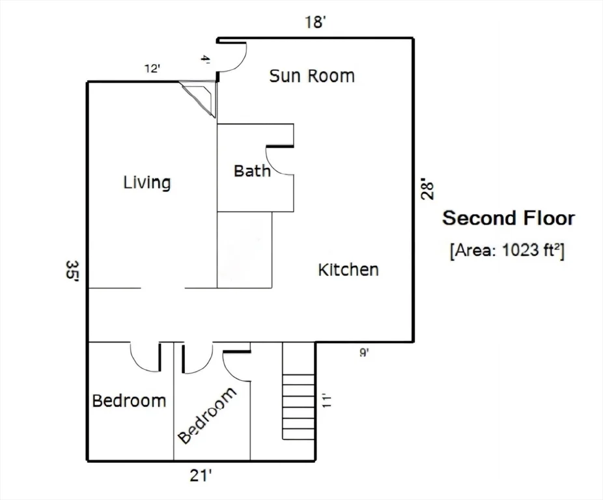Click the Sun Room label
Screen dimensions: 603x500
coord(312,76)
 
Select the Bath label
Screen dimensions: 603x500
coord(252,171)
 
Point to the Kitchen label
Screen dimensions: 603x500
coord(348,270)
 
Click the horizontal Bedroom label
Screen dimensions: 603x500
coord(129,401)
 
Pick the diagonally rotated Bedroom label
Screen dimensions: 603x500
coord(207,415)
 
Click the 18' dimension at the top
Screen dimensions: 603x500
coord(316,22)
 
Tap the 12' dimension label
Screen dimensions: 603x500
coord(152,69)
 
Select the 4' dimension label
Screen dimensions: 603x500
coord(206,60)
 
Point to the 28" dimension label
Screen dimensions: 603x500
coord(428,188)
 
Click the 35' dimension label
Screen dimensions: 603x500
coord(72,270)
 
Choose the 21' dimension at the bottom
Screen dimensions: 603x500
coord(201,476)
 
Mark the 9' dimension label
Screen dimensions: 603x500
coord(364,352)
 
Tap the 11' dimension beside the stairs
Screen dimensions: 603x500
coord(326,400)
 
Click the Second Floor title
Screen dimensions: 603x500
coord(509,218)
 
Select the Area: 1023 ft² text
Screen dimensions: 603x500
coord(507,251)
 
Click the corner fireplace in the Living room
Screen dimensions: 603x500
coord(200,97)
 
